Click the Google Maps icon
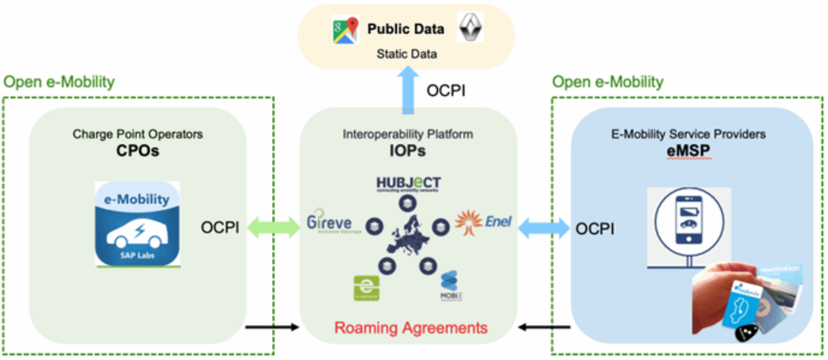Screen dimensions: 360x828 pos(346,30)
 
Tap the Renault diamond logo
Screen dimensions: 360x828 pos(470,27)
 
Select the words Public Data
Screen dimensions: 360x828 pos(406,29)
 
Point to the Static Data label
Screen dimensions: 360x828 pos(407,54)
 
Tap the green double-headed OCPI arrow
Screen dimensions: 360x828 pos(273,228)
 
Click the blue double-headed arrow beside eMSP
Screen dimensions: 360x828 pos(543,228)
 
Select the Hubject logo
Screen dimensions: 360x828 pos(408,184)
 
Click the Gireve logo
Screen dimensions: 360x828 pos(330,223)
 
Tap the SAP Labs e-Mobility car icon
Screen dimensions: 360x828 pos(138,224)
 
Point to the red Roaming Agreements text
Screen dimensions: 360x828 pos(411,328)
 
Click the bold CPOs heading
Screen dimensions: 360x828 pos(138,151)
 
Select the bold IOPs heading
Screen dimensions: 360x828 pos(407,151)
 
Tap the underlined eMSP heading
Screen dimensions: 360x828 pos(688,151)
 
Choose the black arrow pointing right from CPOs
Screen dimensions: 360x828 pos(272,327)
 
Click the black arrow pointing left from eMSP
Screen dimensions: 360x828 pos(544,327)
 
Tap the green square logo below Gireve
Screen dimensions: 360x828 pos(366,288)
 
